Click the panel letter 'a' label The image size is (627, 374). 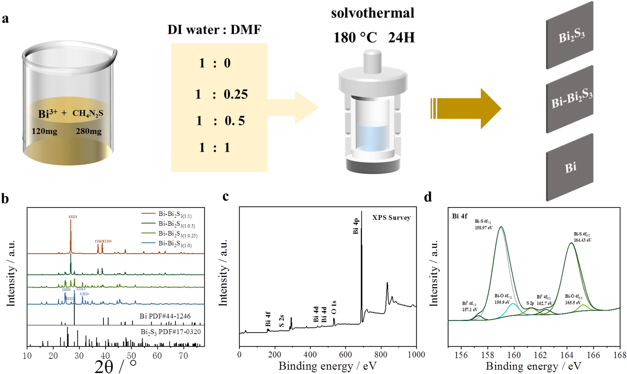(5, 19)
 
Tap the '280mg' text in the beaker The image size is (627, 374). (88, 131)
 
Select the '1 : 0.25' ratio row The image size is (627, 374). (221, 94)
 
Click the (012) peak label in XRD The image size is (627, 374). (73, 217)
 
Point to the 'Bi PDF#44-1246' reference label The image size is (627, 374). (165, 316)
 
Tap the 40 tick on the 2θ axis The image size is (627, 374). (105, 356)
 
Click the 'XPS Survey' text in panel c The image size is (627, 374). (391, 218)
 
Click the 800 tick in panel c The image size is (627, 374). (381, 355)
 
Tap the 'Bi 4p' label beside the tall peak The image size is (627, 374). (356, 226)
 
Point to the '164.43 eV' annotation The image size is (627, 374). (582, 240)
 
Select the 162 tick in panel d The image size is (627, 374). (540, 355)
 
